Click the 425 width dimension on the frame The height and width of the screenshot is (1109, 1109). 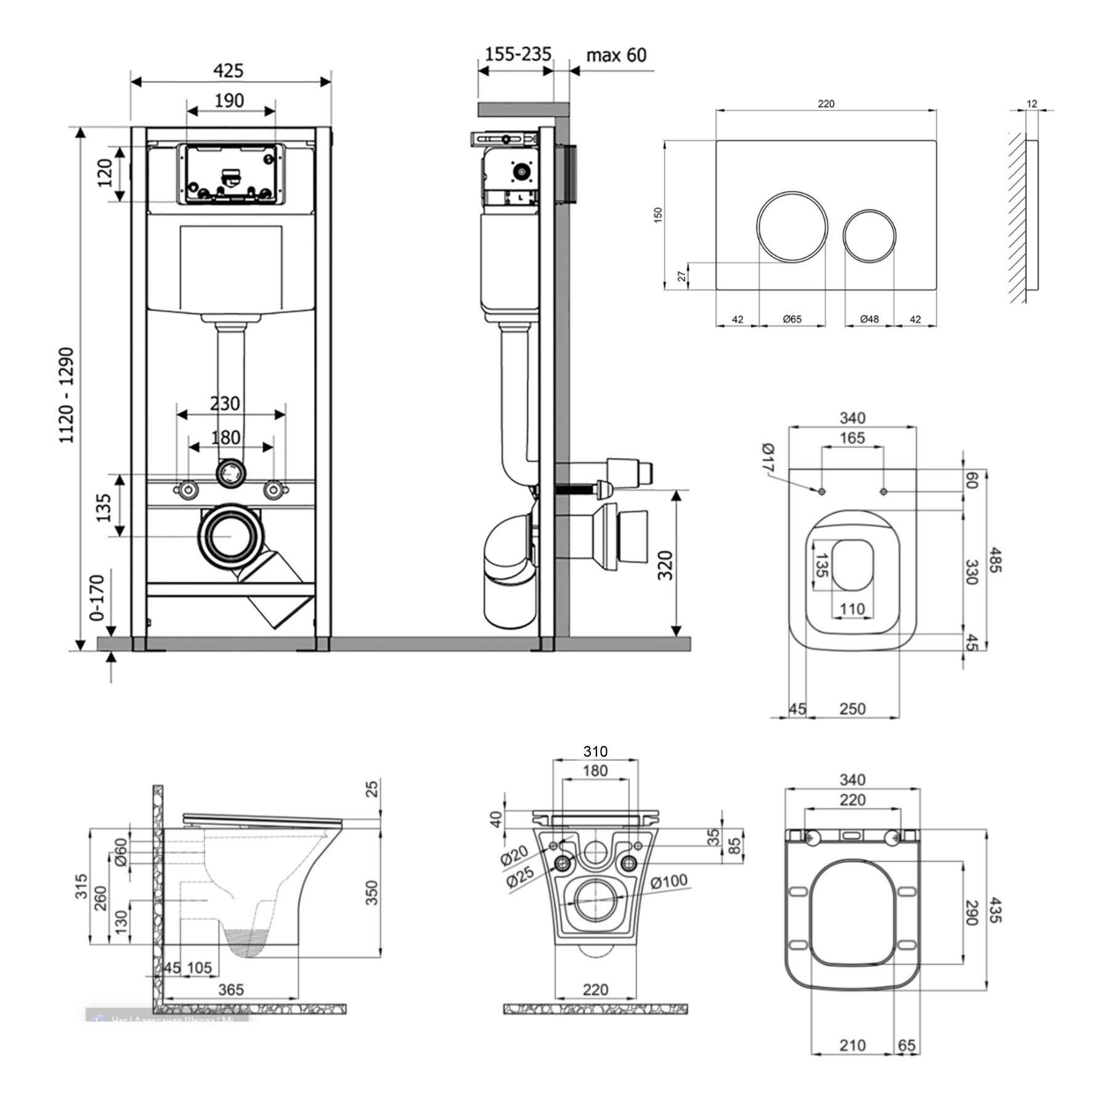tap(229, 71)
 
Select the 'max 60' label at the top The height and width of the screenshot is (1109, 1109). tap(615, 55)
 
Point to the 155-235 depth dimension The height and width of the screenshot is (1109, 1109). tap(518, 54)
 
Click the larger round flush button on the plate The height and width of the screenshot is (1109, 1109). tap(792, 227)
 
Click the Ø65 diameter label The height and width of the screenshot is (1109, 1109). tap(792, 319)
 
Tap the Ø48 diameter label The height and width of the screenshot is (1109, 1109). tap(869, 319)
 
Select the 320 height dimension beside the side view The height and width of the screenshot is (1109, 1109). tap(665, 565)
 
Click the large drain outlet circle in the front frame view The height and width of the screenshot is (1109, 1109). tap(229, 536)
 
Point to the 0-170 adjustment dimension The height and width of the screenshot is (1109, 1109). tap(97, 597)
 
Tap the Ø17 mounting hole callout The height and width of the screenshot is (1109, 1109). tap(767, 458)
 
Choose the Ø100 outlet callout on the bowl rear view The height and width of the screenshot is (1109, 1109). tap(670, 882)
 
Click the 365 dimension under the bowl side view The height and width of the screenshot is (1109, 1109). tap(231, 989)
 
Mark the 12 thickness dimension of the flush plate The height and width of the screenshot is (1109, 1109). tap(1033, 104)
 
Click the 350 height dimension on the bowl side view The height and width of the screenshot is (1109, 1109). tap(372, 892)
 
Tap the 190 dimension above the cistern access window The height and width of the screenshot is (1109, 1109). tap(229, 100)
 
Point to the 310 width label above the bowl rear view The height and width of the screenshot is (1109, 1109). tap(595, 751)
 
